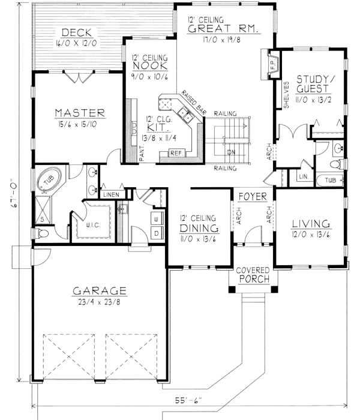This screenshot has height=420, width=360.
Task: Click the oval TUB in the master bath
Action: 47,180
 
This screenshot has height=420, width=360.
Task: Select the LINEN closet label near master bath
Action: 110,195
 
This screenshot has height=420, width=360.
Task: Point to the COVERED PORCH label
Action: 252,275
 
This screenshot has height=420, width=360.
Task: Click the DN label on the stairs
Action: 232,153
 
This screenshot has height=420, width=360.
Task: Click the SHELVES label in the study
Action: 286,95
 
